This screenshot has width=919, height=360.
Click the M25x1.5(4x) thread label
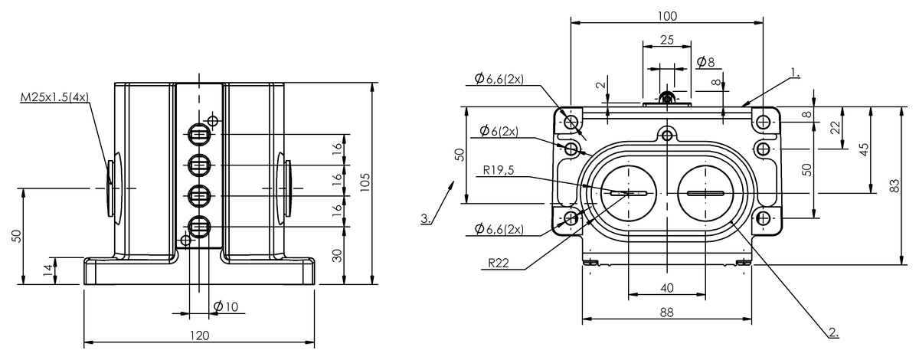[54, 97]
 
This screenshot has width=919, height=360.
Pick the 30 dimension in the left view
[338, 256]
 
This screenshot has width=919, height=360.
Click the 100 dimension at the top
[667, 15]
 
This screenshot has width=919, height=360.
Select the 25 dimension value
[667, 41]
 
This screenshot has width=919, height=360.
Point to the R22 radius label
[499, 263]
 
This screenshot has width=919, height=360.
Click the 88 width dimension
[667, 312]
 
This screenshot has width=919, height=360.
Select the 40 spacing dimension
[667, 287]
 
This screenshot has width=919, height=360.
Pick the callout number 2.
[832, 332]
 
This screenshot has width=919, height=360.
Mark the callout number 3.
[425, 219]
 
